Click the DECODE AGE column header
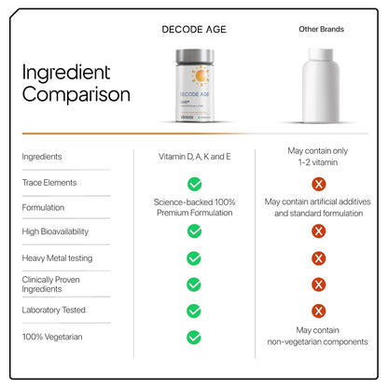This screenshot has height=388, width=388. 194,29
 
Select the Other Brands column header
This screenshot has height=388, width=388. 321,29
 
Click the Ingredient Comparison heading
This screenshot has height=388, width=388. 76,83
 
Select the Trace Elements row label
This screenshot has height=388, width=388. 48,183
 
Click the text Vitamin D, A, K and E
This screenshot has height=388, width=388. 194,156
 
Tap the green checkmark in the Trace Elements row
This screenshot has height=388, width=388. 194,184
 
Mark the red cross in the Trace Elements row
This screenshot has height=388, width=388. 320,184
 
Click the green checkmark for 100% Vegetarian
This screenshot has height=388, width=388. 194,337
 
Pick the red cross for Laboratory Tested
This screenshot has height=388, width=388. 320,311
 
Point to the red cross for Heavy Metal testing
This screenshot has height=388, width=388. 320,258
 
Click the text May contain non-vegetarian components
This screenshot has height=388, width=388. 320,336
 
